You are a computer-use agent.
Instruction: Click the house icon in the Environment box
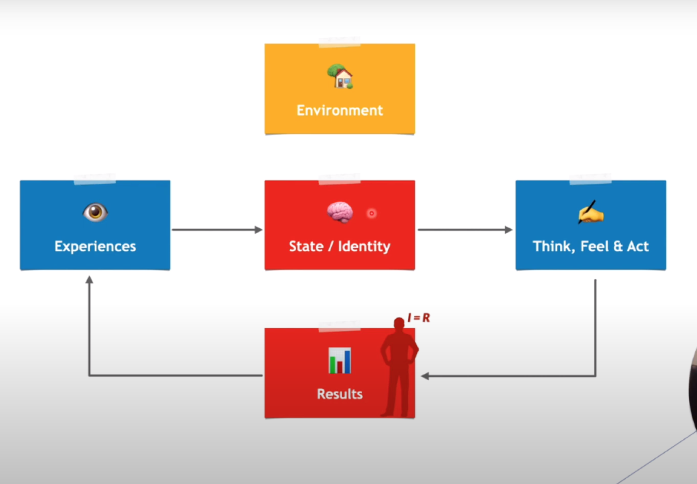point(340,76)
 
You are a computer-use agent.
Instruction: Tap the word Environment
point(340,110)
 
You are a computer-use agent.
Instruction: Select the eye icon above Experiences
point(95,212)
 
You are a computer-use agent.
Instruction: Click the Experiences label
point(95,246)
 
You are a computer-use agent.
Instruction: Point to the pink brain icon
point(340,212)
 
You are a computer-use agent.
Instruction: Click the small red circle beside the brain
point(372,213)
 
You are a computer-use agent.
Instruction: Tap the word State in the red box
point(306,246)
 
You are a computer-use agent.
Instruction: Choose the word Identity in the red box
point(364,246)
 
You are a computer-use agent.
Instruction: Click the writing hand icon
point(591,212)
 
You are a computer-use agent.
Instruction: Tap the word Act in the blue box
point(638,246)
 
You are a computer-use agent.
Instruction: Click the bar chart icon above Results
point(340,360)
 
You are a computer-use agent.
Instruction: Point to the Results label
point(340,394)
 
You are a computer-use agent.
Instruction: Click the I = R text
point(419,318)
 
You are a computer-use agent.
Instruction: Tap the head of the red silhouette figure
point(399,323)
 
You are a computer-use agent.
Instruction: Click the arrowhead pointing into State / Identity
point(259,230)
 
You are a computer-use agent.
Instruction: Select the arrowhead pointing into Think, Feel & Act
point(509,230)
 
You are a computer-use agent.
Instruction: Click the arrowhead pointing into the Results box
point(425,376)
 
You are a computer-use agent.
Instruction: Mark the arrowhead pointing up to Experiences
point(89,280)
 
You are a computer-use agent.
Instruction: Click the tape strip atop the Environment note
point(339,42)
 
